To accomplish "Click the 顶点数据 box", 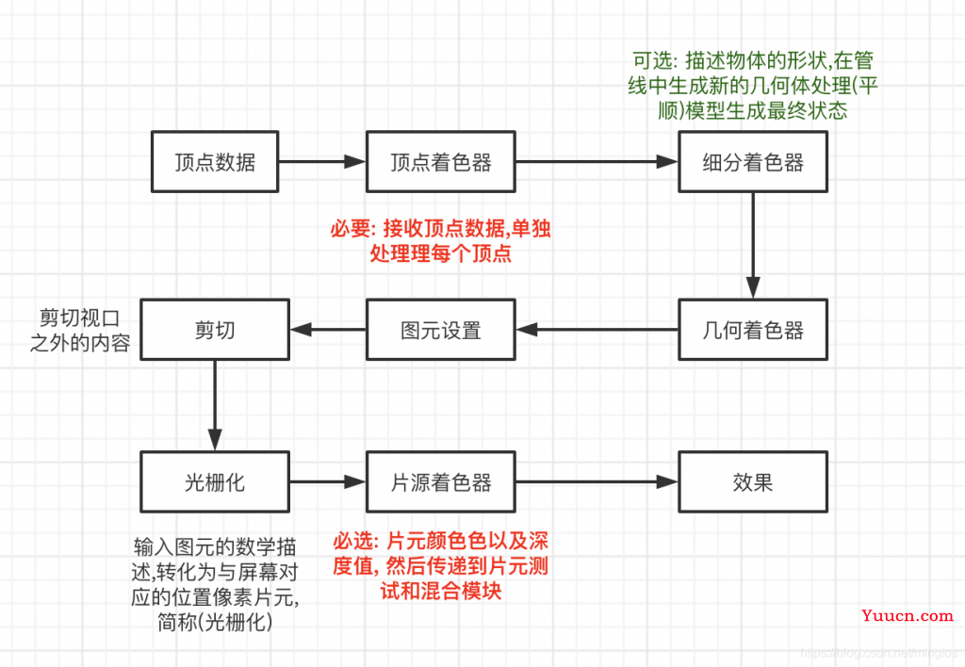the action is coord(215,162).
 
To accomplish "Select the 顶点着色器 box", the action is coord(441,162).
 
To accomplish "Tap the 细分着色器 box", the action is coord(753,162).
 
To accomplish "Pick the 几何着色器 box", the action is coord(753,330).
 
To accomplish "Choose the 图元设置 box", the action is coord(441,330).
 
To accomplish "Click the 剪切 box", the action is coord(215,330).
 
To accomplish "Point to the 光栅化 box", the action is coord(215,481).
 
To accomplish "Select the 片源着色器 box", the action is coord(441,481).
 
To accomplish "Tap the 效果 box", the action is coord(753,481).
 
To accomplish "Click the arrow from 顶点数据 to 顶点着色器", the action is coord(322,162).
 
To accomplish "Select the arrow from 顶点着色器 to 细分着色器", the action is coord(597,162).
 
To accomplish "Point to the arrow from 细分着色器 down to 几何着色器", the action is coord(753,246).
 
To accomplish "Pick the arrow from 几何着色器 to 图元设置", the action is coord(597,330).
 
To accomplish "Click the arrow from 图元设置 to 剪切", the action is coord(328,330).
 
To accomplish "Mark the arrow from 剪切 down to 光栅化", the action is coord(215,405).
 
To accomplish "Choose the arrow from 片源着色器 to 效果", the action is coord(597,481).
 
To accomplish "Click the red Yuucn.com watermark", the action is coord(908,616).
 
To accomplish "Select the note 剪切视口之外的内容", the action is coord(80,331).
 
